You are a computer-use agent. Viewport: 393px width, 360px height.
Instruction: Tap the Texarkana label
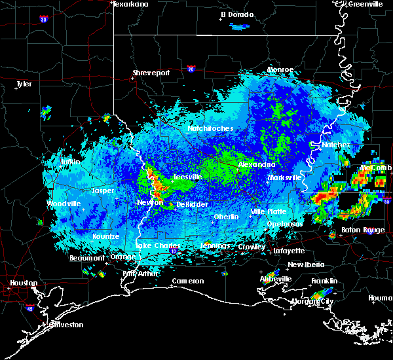[130, 4]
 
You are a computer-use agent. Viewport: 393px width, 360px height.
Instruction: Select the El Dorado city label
[236, 14]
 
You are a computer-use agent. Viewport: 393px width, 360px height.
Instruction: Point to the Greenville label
[365, 4]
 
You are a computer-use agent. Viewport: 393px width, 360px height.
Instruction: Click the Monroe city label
[280, 69]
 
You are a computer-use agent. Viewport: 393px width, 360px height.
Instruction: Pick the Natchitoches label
[210, 128]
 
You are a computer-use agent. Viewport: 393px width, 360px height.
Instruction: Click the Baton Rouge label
[364, 230]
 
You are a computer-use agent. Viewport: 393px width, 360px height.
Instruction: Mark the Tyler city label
[24, 84]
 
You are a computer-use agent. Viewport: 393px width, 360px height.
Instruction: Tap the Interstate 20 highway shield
[191, 68]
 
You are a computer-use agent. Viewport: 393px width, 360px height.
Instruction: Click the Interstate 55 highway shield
[386, 202]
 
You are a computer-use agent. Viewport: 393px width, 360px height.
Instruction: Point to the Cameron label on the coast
[188, 281]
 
